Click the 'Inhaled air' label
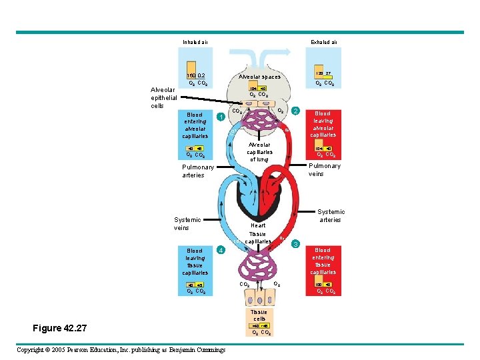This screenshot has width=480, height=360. point(195,43)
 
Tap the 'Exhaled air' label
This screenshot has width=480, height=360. point(324,43)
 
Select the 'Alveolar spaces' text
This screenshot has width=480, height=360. point(260,77)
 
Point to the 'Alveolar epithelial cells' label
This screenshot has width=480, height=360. point(163,97)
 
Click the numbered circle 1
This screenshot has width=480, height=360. point(221,117)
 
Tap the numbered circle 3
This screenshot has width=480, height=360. point(297,244)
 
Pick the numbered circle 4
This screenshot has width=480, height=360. point(221,250)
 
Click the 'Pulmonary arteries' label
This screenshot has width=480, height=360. point(198,171)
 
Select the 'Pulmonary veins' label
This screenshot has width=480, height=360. point(324,169)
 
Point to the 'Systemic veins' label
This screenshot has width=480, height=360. point(187,223)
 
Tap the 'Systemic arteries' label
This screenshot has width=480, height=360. point(330,215)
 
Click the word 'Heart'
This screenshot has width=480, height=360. point(258,225)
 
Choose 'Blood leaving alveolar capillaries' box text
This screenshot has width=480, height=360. point(323,124)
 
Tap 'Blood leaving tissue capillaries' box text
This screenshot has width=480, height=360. point(195,261)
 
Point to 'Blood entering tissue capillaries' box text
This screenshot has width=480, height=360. point(323,261)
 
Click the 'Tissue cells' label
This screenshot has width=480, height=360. point(259,315)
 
